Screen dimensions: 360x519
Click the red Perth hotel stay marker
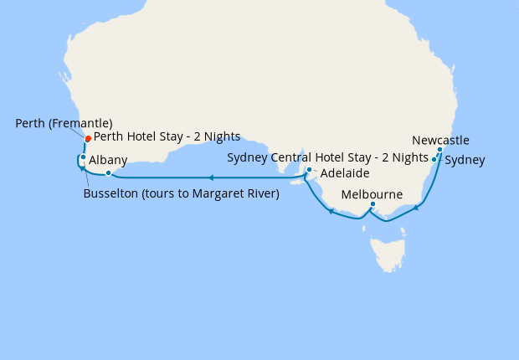point(88,139)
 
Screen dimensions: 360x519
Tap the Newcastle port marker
point(439,150)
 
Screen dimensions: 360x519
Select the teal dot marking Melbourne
point(373,203)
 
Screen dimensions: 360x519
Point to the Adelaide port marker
point(309,170)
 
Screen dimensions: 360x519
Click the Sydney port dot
point(434,159)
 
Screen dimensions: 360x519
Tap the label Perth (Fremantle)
point(64,123)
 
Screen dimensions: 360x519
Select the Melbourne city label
point(373,194)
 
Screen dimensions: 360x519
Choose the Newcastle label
point(440,140)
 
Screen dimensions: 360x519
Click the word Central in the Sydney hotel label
point(295,157)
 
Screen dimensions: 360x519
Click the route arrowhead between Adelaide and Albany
point(212,177)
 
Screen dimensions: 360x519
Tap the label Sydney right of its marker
point(465,159)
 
